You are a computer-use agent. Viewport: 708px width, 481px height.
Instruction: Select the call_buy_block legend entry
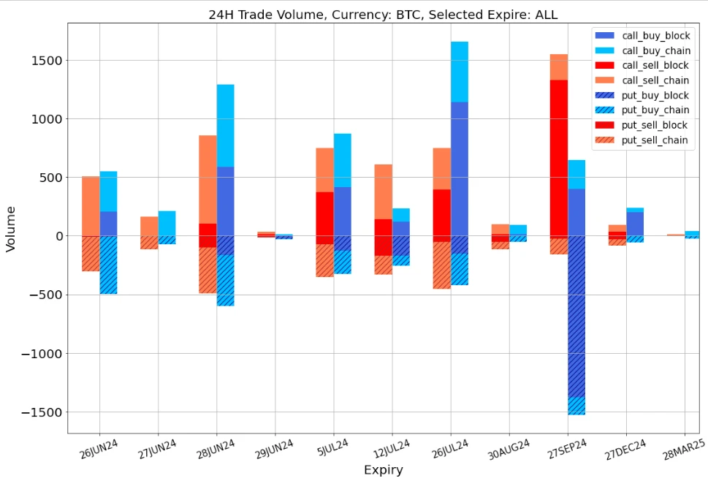655,35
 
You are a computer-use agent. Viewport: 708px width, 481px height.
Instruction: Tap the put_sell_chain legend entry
655,140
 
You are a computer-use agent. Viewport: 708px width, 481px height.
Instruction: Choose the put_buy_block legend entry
655,95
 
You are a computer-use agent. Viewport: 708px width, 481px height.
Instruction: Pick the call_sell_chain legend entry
655,80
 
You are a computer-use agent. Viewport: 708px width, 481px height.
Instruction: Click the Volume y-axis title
11,236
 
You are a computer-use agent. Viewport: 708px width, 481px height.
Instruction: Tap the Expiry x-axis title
383,469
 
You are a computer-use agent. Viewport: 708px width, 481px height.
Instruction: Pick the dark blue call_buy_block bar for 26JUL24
460,168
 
